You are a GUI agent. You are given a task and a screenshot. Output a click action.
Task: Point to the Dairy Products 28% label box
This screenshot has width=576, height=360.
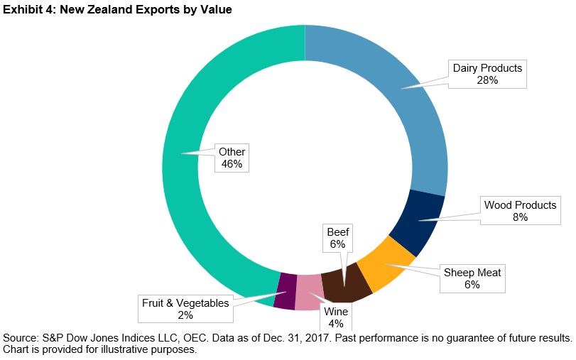click(x=487, y=74)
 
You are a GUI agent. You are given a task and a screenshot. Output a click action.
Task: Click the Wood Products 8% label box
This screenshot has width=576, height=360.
click(x=520, y=211)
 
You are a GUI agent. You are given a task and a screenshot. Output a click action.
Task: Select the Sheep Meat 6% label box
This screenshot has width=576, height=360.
click(x=472, y=278)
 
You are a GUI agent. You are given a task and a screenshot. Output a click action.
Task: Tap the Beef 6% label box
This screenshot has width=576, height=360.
click(x=337, y=238)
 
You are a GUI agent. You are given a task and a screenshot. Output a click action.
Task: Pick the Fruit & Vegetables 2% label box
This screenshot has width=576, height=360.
click(x=185, y=309)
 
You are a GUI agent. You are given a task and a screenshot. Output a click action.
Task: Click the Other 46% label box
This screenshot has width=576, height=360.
click(x=232, y=158)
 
